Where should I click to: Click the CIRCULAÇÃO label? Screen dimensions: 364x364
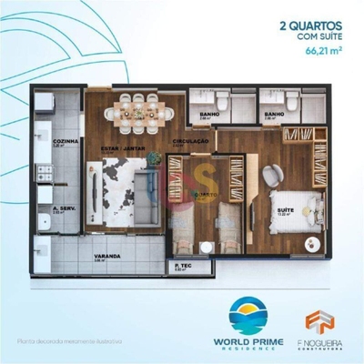(192, 142)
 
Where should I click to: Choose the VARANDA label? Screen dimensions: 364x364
(108, 257)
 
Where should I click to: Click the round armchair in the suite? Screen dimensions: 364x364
(274, 177)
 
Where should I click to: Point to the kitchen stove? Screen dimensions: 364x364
(41, 170)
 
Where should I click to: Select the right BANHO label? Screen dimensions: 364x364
(275, 115)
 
